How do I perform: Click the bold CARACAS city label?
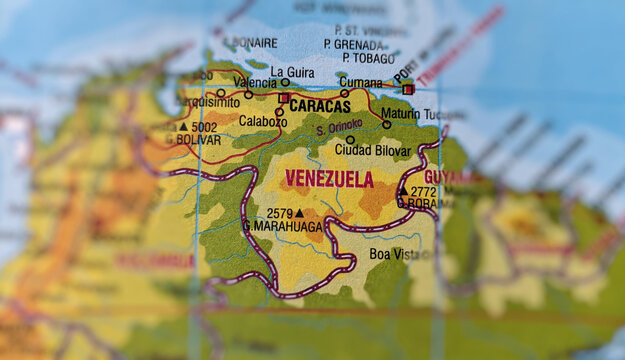(321, 106)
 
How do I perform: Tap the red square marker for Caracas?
(284, 98)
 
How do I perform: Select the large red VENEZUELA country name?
(329, 179)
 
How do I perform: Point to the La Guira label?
(292, 72)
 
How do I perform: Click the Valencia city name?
(254, 81)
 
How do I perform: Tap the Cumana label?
(360, 82)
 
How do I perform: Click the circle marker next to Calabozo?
(279, 111)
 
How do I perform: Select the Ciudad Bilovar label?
(372, 150)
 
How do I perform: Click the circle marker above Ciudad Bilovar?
(350, 140)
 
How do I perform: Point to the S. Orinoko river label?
(338, 129)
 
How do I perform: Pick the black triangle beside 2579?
(299, 212)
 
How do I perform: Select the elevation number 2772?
(423, 190)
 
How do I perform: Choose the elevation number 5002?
(204, 127)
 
